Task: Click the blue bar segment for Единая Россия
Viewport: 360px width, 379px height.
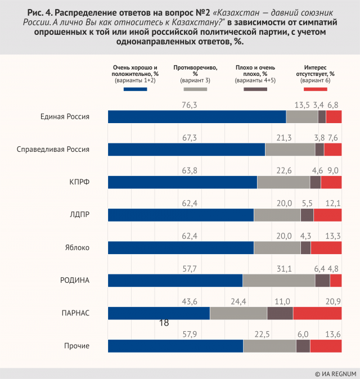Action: pos(197,116)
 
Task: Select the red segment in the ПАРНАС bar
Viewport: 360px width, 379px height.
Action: pos(317,313)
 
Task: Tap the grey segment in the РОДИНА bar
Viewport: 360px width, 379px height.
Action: pos(278,281)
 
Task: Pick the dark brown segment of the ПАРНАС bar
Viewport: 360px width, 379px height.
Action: pos(280,313)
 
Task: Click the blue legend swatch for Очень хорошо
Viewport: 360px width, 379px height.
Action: pos(135,89)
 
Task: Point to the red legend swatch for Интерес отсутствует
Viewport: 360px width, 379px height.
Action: pos(315,89)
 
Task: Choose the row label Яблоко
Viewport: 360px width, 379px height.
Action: pos(78,247)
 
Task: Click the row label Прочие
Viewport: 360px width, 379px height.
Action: pos(78,346)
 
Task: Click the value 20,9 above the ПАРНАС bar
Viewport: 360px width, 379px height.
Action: pos(334,301)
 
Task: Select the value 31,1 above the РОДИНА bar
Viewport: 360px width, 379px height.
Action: pos(278,269)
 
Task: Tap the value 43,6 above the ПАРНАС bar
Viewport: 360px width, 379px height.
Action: pos(189,301)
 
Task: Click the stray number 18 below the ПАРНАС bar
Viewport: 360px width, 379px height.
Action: pos(164,323)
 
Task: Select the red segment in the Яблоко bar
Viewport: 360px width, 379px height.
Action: pos(326,248)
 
